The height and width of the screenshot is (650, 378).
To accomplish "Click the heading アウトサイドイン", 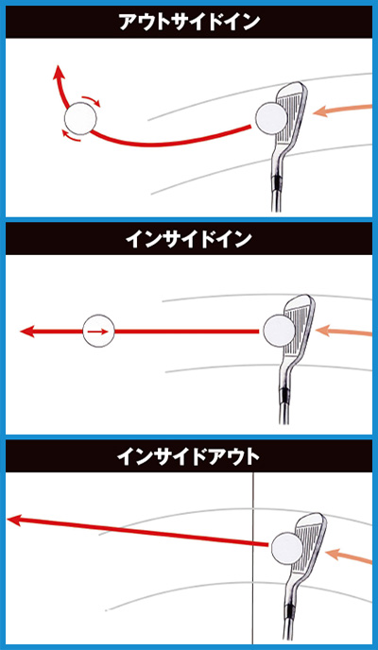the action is click(189, 22).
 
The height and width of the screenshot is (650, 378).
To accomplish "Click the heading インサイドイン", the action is click(189, 239).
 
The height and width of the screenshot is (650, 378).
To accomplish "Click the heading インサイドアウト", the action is click(189, 456).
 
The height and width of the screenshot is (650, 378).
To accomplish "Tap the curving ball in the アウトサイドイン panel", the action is click(80, 119).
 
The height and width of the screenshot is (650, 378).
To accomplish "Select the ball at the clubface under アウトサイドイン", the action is click(270, 118).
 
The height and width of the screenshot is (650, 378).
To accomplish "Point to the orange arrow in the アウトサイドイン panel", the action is click(342, 110).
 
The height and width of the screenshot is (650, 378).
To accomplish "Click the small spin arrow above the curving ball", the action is click(93, 101).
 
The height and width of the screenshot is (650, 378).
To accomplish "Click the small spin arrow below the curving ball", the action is click(71, 135).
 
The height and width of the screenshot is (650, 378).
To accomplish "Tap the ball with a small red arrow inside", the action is click(98, 332).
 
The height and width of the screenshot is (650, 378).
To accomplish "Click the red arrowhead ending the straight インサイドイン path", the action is click(27, 332).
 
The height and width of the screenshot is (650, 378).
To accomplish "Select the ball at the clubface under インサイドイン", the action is click(279, 331).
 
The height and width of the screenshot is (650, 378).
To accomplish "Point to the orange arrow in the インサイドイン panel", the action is click(344, 332).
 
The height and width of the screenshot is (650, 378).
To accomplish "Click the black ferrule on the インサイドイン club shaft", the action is click(283, 396).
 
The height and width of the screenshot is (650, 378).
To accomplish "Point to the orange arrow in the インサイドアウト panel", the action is click(348, 556).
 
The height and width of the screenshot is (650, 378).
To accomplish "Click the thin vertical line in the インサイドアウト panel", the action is click(252, 558).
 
